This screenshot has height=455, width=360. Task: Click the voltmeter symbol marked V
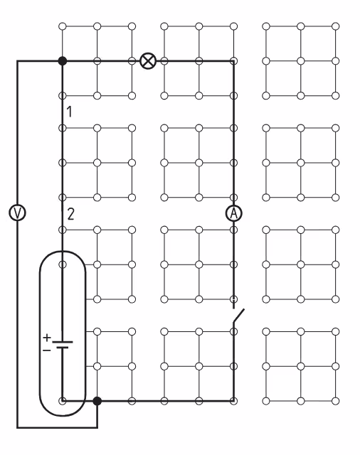[17, 213]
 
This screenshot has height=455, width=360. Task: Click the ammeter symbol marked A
[233, 213]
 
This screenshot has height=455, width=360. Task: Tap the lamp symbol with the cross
[148, 61]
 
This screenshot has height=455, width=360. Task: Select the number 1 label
[69, 112]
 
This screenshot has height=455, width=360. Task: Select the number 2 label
[70, 214]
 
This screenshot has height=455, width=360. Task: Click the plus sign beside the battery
[47, 338]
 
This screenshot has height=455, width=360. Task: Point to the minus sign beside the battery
[46, 350]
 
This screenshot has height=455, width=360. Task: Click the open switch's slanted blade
[238, 316]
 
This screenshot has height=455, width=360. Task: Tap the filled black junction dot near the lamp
[63, 61]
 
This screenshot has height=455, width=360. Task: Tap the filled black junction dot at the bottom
[97, 401]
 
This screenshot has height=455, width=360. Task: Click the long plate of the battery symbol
[63, 342]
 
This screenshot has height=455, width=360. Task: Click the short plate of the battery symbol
[63, 347]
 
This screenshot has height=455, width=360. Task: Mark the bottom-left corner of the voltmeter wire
[17, 427]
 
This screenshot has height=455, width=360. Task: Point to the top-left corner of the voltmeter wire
[17, 61]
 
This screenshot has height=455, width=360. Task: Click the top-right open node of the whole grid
[335, 26]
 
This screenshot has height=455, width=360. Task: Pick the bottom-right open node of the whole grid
[335, 401]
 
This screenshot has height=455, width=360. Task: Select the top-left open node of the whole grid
[63, 26]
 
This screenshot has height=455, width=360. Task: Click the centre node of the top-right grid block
[301, 61]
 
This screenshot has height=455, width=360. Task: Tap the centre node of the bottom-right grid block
[301, 366]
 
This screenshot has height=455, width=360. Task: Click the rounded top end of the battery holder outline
[63, 252]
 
